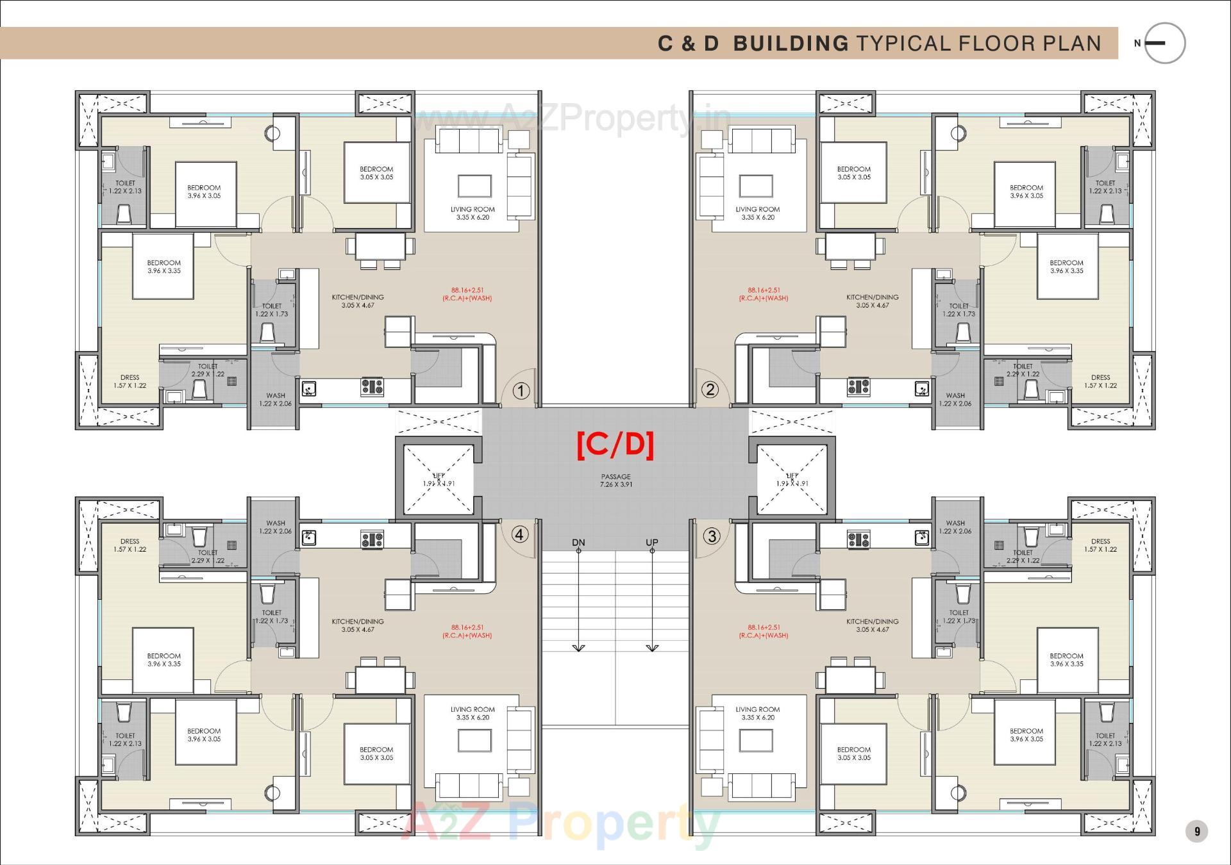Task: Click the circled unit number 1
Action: click(x=521, y=391)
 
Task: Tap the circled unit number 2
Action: click(x=710, y=390)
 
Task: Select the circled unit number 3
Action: click(x=712, y=536)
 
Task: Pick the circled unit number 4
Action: click(x=519, y=534)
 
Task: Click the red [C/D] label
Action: click(x=615, y=445)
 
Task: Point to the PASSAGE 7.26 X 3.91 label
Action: click(x=615, y=481)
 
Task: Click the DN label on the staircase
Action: click(x=578, y=543)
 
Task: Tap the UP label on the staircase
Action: click(x=652, y=543)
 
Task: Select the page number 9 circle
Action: click(x=1196, y=832)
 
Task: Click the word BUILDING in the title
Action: click(x=791, y=44)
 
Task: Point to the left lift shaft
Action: click(x=439, y=480)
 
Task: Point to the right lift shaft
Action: click(x=792, y=480)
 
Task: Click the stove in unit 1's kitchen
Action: click(x=372, y=386)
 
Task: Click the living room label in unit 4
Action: click(x=473, y=713)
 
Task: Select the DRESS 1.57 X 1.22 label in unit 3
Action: click(x=1100, y=545)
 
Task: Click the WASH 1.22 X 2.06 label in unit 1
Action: click(x=275, y=399)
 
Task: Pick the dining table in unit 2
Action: click(x=850, y=247)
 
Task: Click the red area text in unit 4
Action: click(x=467, y=632)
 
